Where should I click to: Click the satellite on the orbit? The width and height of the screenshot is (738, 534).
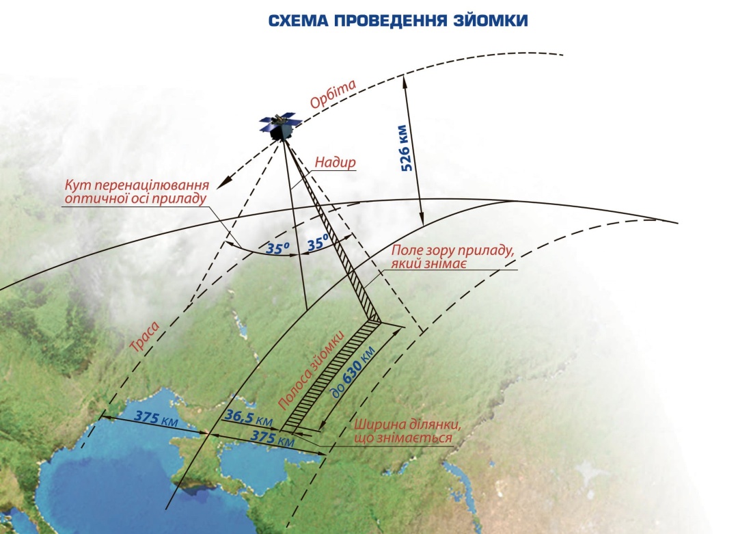[x=280, y=126]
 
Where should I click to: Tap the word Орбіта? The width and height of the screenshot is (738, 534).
[x=333, y=94]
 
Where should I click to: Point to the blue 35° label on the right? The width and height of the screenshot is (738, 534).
[x=318, y=242]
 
